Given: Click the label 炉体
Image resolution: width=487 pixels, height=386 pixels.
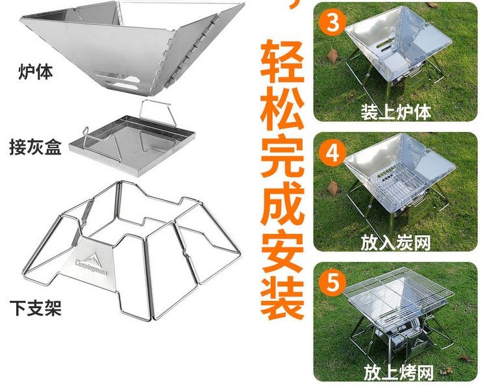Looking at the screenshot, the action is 36,72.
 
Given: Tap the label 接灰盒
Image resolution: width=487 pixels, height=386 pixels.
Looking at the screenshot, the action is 36,147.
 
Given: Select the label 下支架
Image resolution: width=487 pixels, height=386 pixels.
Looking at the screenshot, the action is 36,308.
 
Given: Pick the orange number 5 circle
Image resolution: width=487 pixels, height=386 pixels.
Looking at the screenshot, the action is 332,282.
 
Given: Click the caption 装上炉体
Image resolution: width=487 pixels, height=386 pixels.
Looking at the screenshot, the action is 395,112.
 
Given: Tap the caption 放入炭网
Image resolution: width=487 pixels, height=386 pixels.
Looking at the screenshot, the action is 395,243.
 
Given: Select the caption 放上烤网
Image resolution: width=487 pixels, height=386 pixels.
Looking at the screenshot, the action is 399,372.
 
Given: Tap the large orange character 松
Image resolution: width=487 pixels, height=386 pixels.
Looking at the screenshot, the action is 282,107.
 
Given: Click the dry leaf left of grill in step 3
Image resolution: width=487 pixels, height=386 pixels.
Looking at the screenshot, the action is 332,56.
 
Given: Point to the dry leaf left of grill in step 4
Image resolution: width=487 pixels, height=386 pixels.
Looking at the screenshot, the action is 332,188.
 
